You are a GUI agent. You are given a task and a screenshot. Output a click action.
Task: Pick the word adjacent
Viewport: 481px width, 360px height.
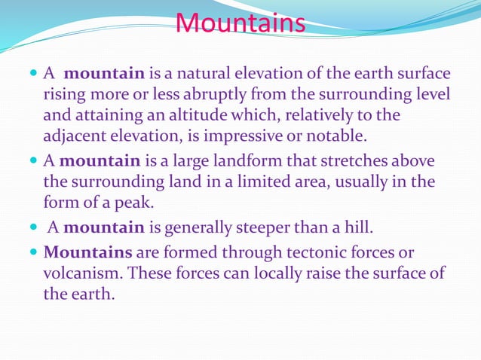pyautogui.click(x=75, y=137)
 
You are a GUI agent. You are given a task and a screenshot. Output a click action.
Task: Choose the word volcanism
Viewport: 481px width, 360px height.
pyautogui.click(x=80, y=273)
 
